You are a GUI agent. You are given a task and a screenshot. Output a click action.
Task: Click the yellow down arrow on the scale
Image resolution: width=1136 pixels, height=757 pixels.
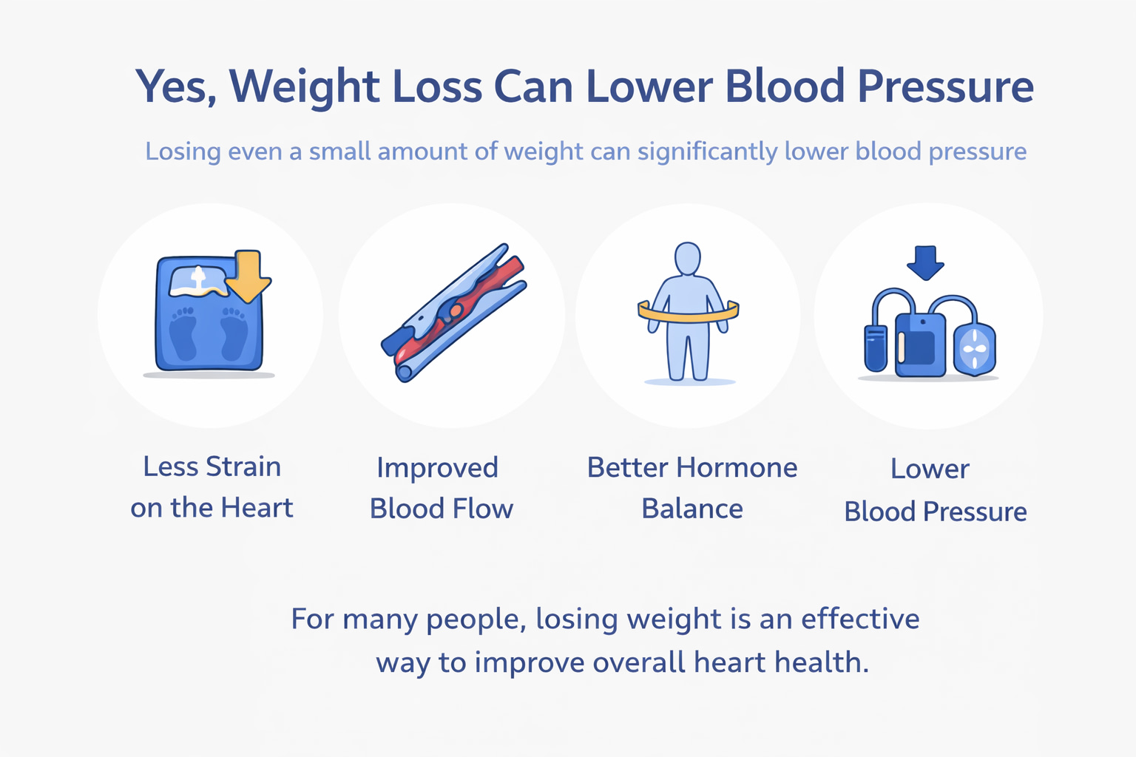tap(248, 276)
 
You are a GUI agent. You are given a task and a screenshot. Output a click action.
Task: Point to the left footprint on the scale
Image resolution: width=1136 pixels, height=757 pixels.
tap(183, 334)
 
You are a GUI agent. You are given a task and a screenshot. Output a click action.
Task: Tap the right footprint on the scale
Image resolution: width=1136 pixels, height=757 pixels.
tap(234, 334)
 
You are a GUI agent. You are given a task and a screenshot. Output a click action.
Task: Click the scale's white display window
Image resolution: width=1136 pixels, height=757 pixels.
tap(197, 281)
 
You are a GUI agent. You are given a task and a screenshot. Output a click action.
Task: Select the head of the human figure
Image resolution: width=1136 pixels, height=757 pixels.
tap(688, 259)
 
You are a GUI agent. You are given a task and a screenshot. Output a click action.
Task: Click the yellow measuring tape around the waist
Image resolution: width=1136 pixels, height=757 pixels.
tap(689, 314)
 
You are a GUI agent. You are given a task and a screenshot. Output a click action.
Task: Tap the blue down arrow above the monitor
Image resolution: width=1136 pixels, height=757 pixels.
tap(925, 262)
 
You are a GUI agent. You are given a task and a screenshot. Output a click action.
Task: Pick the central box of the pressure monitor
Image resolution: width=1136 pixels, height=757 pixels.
tap(920, 344)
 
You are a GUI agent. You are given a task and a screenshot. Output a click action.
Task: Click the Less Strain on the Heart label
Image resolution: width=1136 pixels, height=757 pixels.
tap(212, 487)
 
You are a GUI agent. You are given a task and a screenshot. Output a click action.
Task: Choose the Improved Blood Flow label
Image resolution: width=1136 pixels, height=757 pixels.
tap(441, 488)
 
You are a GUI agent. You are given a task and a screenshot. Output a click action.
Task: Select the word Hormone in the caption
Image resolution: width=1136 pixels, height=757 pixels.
tap(737, 468)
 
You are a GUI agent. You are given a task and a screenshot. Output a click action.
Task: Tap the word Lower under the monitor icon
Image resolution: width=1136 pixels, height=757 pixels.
tap(930, 469)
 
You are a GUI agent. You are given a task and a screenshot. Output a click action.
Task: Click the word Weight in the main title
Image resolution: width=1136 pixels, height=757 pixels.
tap(305, 86)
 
